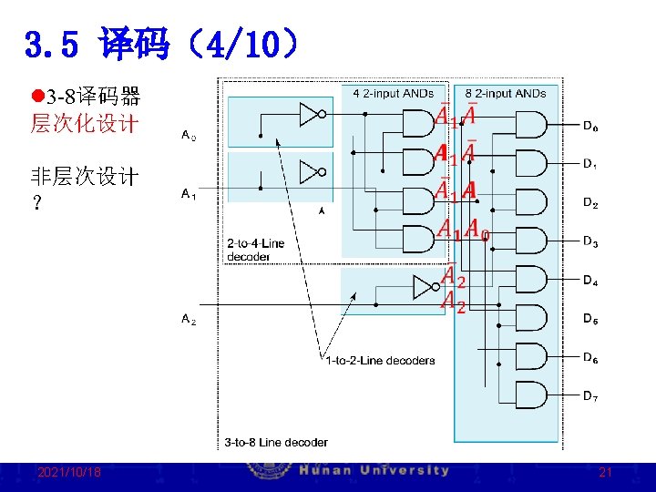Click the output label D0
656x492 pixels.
(590, 127)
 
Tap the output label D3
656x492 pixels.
(590, 242)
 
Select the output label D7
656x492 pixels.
(590, 397)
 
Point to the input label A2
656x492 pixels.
(189, 319)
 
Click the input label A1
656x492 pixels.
(189, 194)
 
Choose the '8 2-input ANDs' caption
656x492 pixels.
(506, 93)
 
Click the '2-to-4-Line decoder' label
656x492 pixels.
(255, 251)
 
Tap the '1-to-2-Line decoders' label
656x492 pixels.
(380, 360)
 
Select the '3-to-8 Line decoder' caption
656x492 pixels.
(276, 442)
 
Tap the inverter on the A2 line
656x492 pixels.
(425, 288)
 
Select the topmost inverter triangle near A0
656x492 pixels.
(310, 114)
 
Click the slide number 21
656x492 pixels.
(605, 473)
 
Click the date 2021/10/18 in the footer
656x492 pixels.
(69, 473)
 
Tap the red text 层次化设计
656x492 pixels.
(84, 124)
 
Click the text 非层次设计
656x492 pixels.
(84, 176)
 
